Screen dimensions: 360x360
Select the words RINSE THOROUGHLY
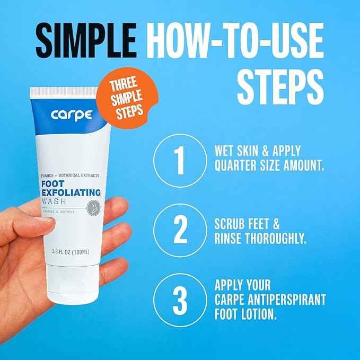pyautogui.click(x=261, y=239)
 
